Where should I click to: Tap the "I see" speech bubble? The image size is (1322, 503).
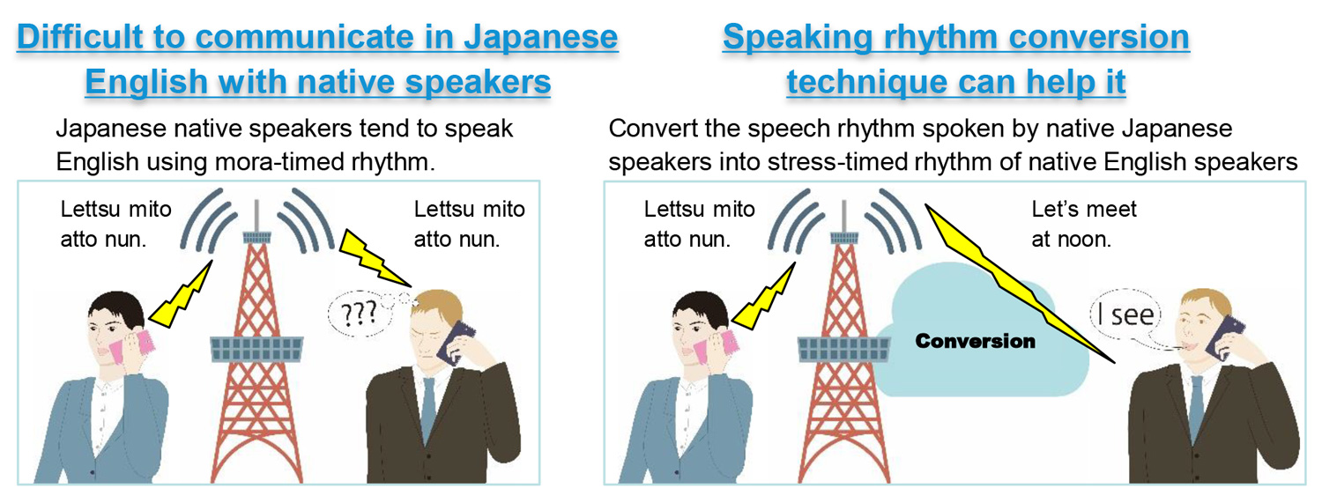point(1125,314)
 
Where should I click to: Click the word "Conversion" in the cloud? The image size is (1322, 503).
point(975,341)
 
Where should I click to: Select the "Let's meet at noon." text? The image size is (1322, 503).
point(1083,224)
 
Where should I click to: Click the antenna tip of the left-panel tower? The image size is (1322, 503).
point(256,201)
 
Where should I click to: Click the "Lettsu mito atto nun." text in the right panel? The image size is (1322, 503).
point(699,224)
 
